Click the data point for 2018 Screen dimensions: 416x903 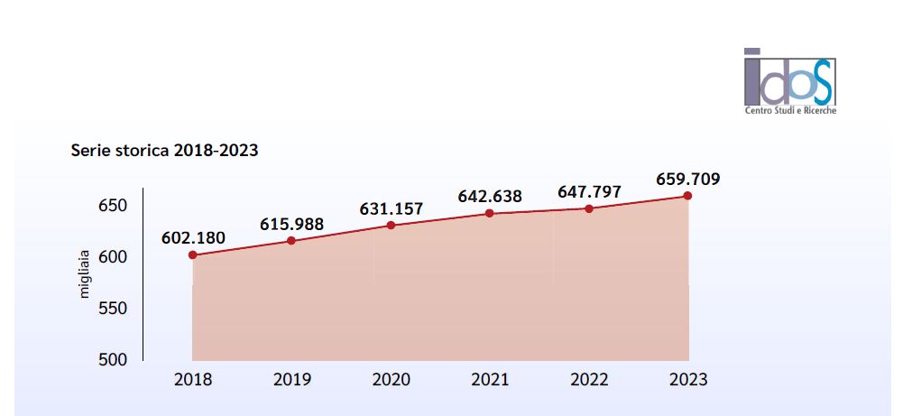pos(193,255)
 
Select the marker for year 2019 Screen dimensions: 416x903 pos(291,241)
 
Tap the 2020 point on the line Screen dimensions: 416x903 pos(391,225)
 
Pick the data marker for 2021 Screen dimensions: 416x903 pos(489,213)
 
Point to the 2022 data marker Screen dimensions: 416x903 pos(589,208)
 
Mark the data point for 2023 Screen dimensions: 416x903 pos(687,196)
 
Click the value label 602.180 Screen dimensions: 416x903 pos(193,238)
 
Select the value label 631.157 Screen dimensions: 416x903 pos(391,208)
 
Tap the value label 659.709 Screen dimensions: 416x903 pos(687,178)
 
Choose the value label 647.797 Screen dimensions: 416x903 pos(588,191)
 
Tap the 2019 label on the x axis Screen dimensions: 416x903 pos(291,379)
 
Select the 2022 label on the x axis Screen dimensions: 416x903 pos(589,379)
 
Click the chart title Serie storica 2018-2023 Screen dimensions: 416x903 pos(165,150)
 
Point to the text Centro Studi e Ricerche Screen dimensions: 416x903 pos(790,110)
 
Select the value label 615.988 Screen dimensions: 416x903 pos(291,224)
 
